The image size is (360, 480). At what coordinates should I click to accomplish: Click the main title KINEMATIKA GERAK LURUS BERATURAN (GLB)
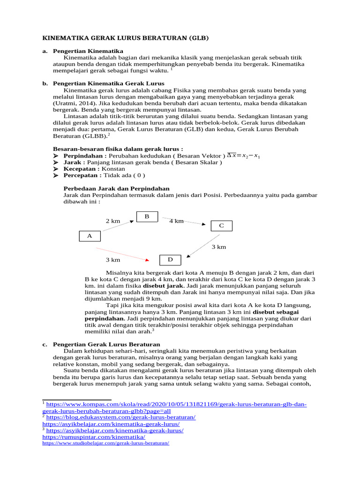[126, 37]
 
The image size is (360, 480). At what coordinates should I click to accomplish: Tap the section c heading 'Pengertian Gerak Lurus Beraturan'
[107, 345]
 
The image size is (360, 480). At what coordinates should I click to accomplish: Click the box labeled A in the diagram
[90, 236]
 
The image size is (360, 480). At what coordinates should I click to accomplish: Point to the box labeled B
[147, 217]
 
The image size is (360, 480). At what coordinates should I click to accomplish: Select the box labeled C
[222, 226]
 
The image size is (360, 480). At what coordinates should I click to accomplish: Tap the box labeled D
[171, 260]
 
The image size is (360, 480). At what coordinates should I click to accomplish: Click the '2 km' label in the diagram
[113, 221]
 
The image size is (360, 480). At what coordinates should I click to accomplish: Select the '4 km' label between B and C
[177, 221]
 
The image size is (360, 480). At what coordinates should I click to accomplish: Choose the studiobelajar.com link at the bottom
[105, 442]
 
